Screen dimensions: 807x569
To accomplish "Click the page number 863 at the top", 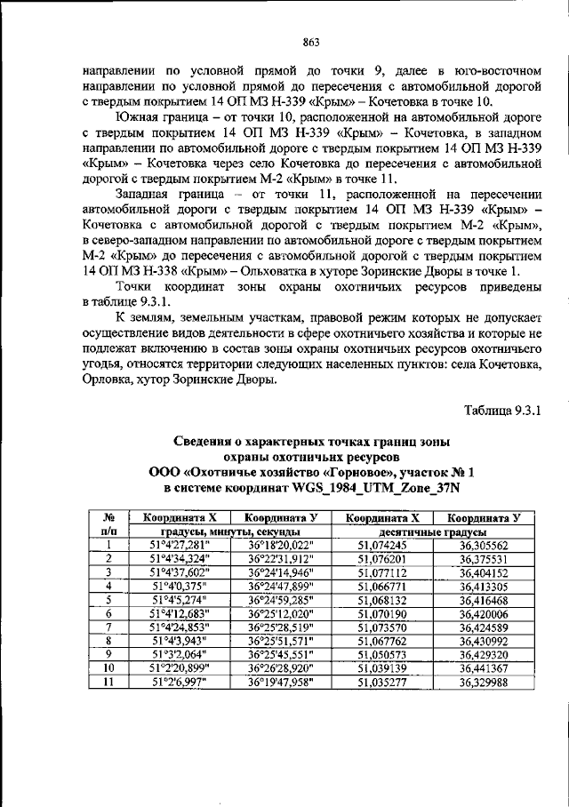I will pos(284,42).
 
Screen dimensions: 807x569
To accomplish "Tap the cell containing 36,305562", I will pos(484,546).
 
